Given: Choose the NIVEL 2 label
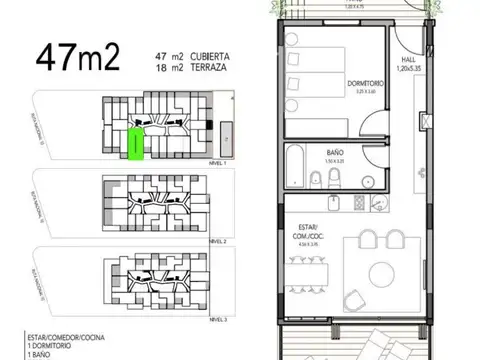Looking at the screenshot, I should tap(218, 241).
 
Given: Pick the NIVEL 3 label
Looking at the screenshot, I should tap(218, 318).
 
